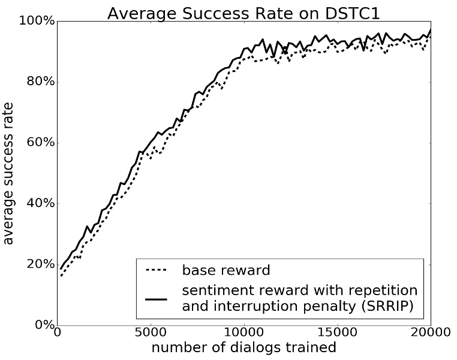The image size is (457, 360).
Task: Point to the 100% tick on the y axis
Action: click(36, 22)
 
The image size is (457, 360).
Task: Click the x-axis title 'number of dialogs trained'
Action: click(243, 348)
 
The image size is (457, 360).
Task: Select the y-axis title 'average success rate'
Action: click(9, 173)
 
